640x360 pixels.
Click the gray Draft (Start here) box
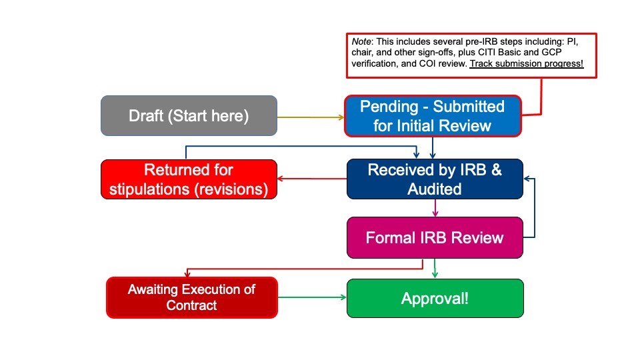tap(189, 116)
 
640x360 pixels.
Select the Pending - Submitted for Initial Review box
tap(432, 116)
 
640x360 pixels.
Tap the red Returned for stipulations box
tap(189, 179)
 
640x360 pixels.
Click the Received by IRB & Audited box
tap(435, 179)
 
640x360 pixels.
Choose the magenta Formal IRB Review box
tap(435, 238)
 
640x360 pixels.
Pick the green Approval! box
tap(435, 298)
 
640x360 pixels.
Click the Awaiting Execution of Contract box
tap(192, 298)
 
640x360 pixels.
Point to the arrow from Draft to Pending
tap(310, 117)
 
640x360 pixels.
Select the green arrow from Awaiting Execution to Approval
tap(312, 297)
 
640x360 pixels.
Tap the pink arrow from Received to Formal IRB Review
tap(435, 208)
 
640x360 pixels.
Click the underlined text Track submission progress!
tap(526, 64)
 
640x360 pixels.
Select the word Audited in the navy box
tap(435, 189)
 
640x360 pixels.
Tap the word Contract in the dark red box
tap(192, 306)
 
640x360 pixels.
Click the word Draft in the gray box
tap(145, 116)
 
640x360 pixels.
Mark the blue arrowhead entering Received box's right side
tap(527, 179)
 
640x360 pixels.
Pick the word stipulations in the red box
tap(147, 189)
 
